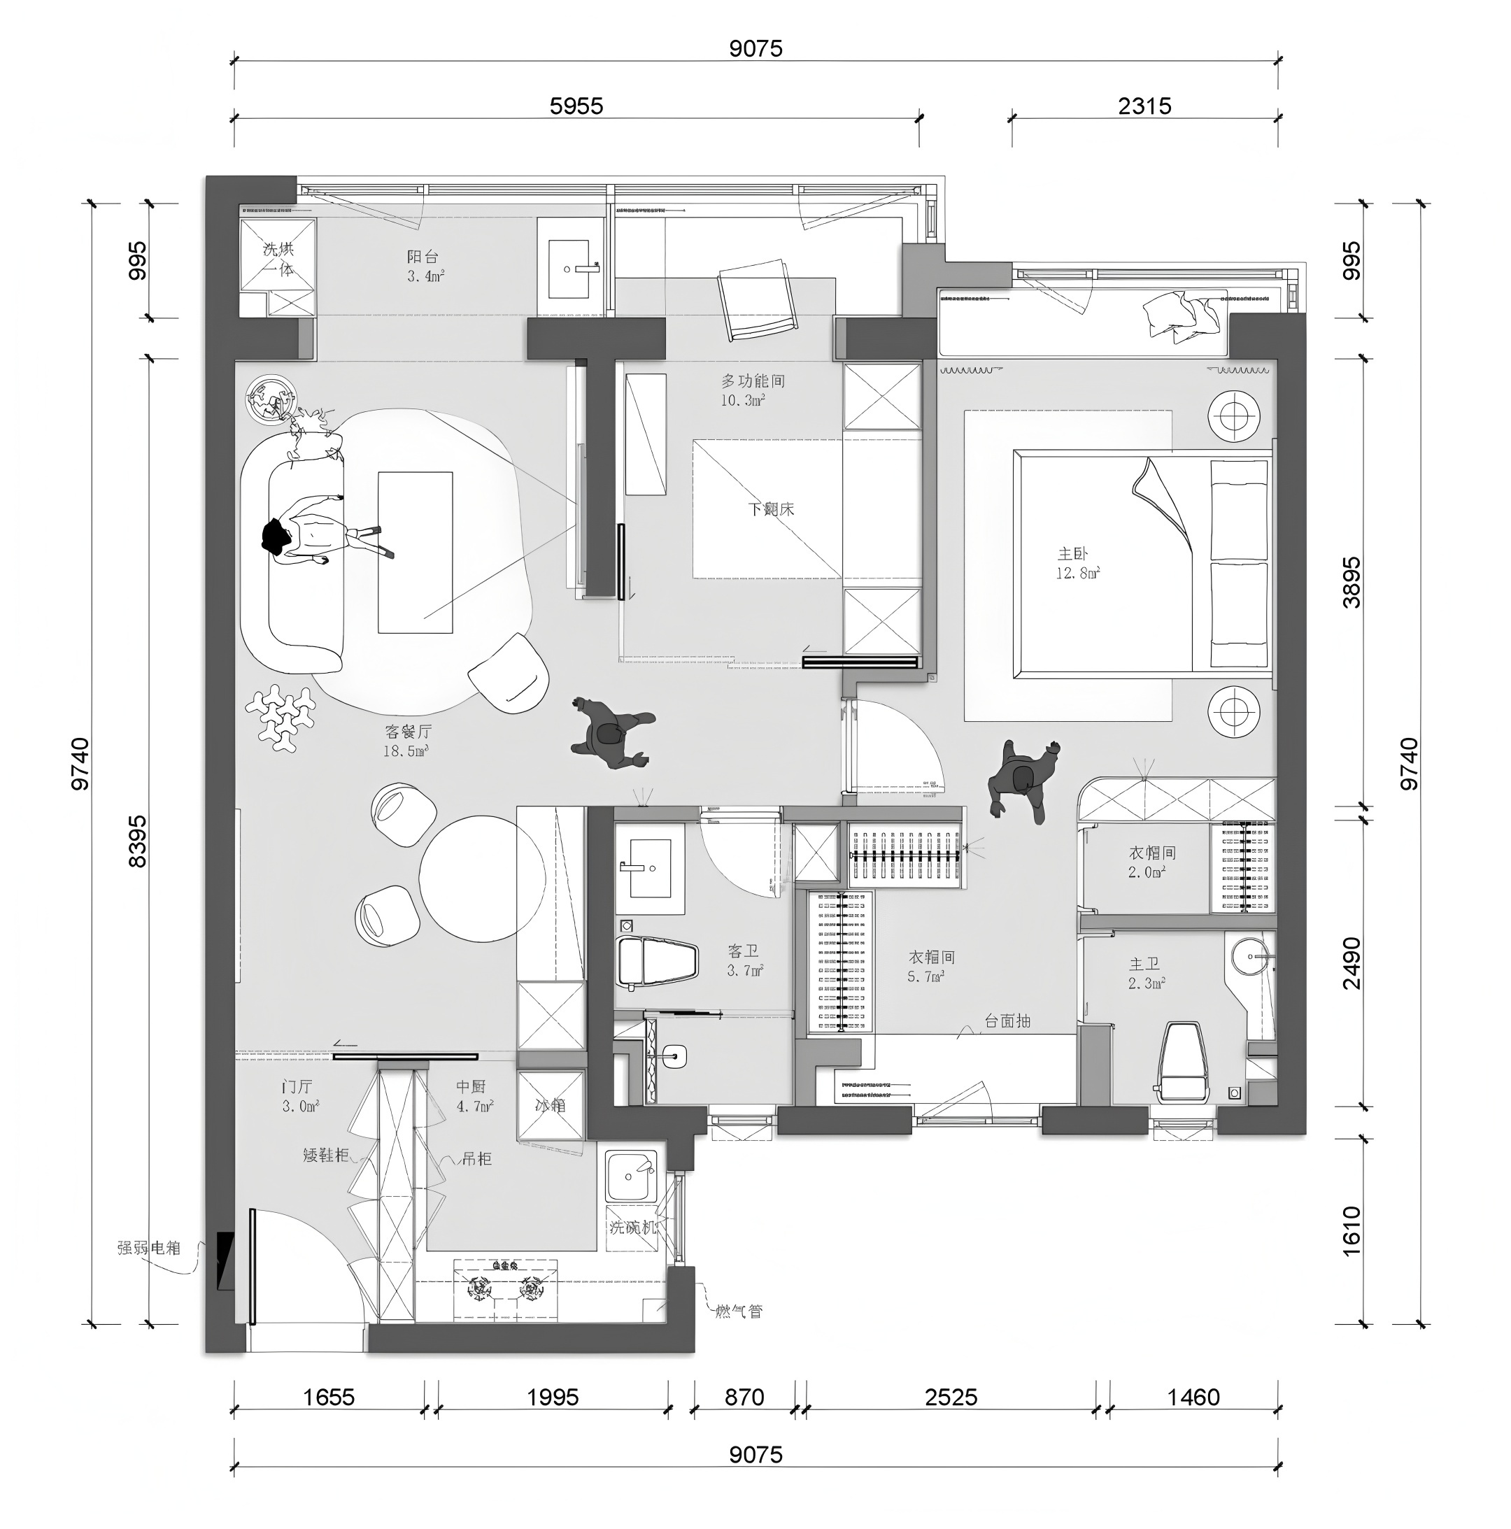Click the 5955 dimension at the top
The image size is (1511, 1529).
(576, 106)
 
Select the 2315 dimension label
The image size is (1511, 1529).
(1144, 106)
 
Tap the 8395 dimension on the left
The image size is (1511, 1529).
(137, 841)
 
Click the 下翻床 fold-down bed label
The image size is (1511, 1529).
(771, 509)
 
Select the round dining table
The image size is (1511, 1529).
(481, 879)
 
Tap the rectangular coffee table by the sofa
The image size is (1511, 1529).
(415, 552)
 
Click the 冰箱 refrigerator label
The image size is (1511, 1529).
(550, 1105)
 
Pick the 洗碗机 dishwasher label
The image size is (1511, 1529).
(632, 1228)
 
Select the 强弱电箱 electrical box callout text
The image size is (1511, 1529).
(149, 1248)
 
